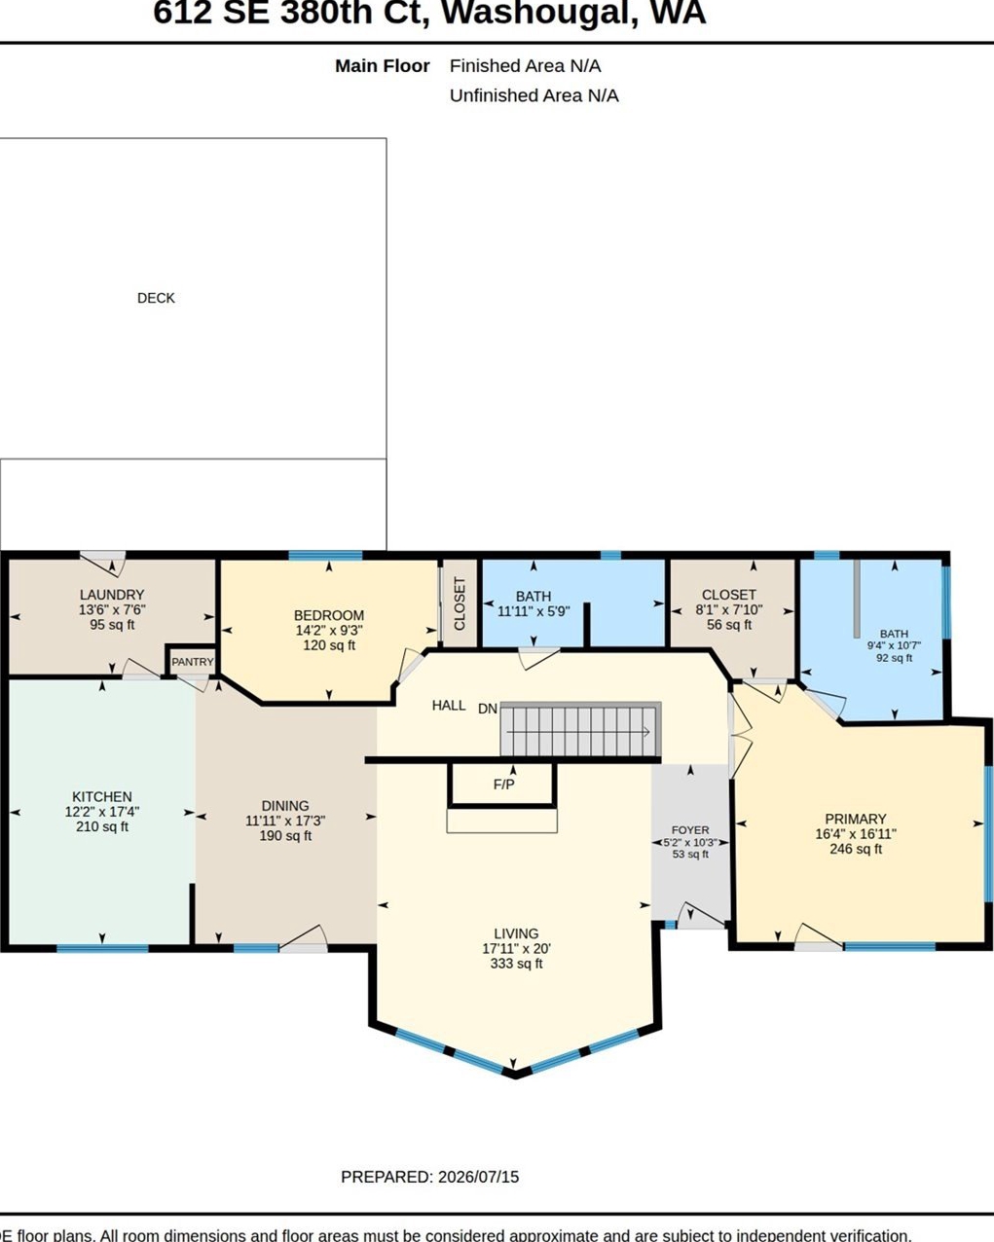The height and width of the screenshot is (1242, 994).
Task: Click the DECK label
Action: pos(156,298)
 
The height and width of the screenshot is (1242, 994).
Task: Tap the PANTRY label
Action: pos(192,662)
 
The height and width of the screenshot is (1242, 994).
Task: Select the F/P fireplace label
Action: pos(504,785)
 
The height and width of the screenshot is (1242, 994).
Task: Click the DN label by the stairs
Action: pos(488,709)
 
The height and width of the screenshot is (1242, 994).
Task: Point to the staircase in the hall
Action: pos(580,729)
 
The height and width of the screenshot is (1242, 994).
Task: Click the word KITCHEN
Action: pos(102,796)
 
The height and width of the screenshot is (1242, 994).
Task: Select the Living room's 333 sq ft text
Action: pos(516,964)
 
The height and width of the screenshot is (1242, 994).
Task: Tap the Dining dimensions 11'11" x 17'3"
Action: pos(285,821)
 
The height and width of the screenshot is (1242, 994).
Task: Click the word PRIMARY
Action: pos(856,819)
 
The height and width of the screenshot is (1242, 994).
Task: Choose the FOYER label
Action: pos(690,830)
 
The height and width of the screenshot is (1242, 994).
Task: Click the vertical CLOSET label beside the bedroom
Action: pos(460,603)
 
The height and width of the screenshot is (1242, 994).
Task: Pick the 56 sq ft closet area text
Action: pos(729,625)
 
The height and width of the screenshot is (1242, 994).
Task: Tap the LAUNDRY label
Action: pos(112,595)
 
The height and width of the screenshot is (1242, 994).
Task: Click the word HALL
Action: pos(449,706)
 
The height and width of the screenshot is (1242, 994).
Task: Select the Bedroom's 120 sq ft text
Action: pos(329,645)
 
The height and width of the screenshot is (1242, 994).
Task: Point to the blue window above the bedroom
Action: pos(325,555)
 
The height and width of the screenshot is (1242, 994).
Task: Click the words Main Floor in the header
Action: pos(383,66)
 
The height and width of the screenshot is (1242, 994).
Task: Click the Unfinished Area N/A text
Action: pos(534,95)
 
